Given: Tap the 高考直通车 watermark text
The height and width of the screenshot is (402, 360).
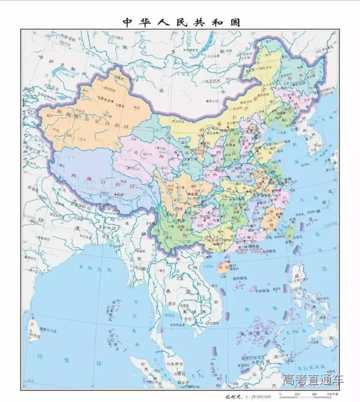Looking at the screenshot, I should [312, 381].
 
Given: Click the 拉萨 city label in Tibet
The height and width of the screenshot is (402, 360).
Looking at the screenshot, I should [120, 195].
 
